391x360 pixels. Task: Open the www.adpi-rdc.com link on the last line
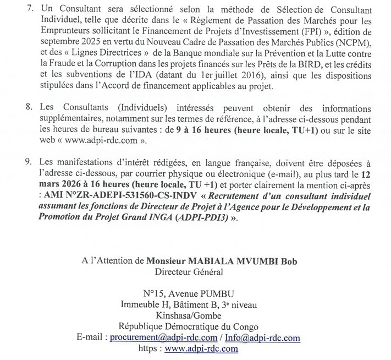[201, 349]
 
